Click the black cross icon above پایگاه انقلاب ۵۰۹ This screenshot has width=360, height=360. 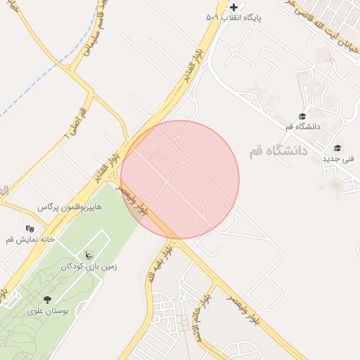[x=234, y=7]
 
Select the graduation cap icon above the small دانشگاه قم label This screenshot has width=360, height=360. [x=302, y=117]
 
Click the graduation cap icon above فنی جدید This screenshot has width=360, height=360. [x=338, y=148]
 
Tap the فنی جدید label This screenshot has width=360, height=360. [x=338, y=159]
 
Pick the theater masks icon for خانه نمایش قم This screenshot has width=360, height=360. [x=30, y=229]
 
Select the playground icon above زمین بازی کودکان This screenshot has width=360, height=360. [x=88, y=255]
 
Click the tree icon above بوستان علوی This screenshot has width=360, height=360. [x=47, y=300]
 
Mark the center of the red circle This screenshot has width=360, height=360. [x=180, y=180]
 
